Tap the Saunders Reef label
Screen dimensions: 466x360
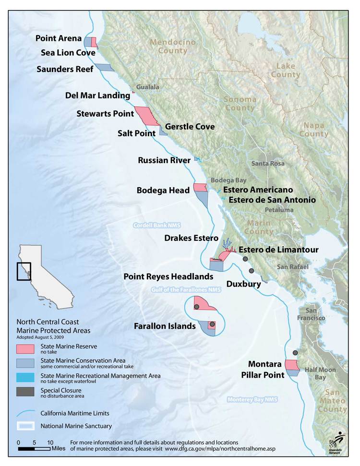point(65,70)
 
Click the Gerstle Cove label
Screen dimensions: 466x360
point(190,127)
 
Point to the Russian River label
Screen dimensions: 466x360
point(164,160)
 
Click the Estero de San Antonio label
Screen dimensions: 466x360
point(272,200)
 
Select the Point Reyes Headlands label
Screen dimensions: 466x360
point(168,277)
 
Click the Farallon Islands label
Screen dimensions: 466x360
point(165,326)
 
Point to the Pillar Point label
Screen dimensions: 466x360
point(263,375)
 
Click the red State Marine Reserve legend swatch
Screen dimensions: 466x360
point(25,347)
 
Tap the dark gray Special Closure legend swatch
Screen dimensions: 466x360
point(25,392)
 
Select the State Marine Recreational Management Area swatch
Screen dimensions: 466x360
point(25,377)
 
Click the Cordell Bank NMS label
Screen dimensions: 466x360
point(156,225)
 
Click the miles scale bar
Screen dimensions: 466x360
point(34,449)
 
